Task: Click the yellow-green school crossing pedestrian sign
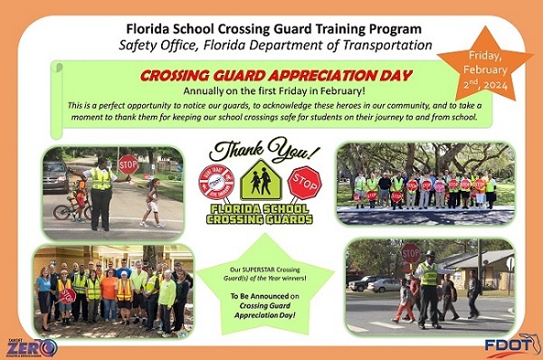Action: (x=261, y=179)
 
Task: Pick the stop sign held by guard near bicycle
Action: (x=128, y=166)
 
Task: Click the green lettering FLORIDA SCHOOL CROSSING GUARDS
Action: (x=261, y=213)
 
